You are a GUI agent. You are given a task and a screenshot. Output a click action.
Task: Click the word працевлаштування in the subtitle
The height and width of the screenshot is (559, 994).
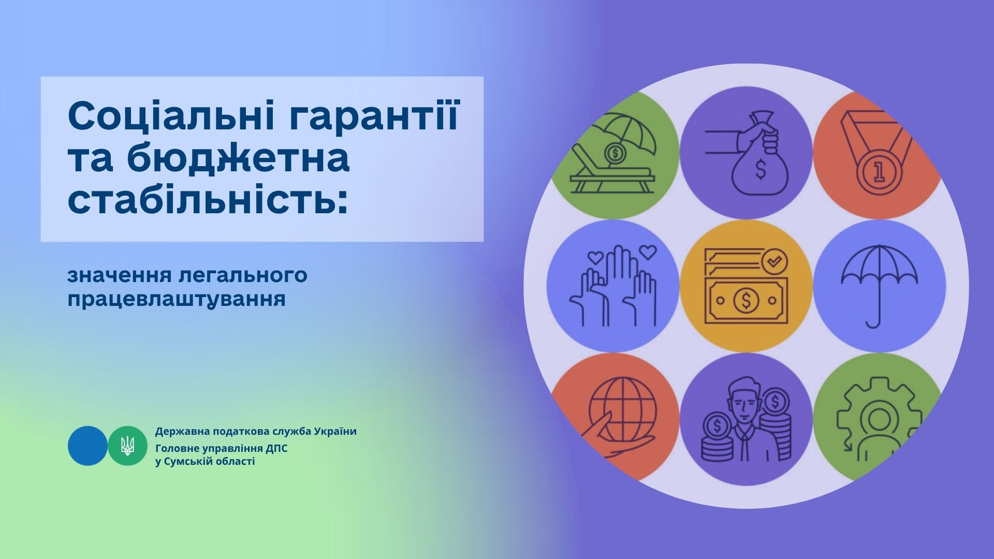(177, 300)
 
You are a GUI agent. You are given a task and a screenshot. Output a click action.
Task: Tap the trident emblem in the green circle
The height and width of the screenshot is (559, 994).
(127, 446)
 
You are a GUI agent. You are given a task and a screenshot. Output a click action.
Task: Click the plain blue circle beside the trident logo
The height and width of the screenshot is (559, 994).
(87, 446)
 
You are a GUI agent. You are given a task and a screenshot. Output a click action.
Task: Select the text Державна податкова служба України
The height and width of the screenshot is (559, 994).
(256, 432)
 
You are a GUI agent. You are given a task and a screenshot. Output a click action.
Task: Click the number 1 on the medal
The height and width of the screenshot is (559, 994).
(879, 172)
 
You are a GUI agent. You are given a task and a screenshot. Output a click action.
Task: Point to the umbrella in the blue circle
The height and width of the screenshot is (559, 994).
(879, 285)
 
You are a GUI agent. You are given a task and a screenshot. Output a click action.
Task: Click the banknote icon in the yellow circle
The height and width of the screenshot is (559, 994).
(746, 301)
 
